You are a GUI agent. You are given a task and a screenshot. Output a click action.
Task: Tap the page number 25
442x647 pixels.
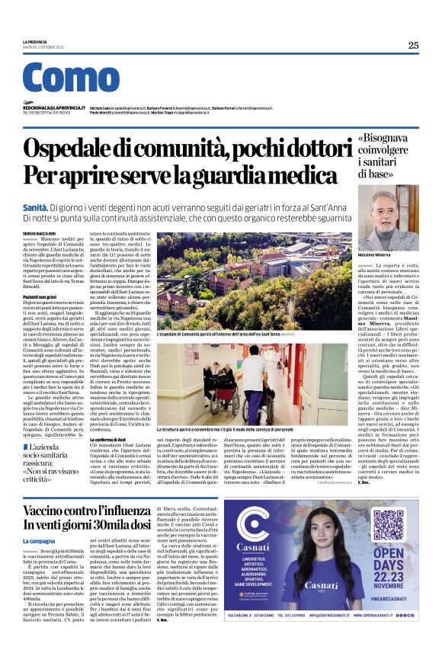pyautogui.click(x=413, y=45)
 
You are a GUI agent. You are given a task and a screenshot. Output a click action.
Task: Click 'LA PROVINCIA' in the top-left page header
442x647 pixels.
pyautogui.click(x=34, y=41)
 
